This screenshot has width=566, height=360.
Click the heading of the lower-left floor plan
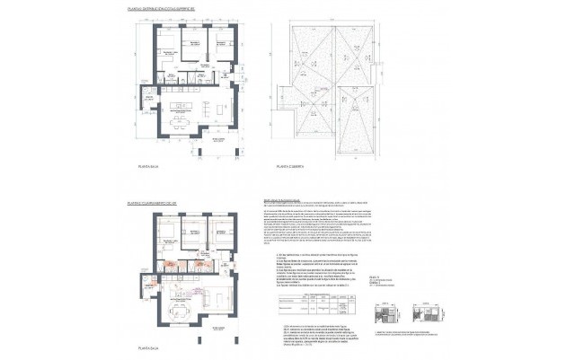(165, 204)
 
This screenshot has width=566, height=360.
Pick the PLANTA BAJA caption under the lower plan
(149, 346)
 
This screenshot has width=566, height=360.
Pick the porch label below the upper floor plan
(217, 141)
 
